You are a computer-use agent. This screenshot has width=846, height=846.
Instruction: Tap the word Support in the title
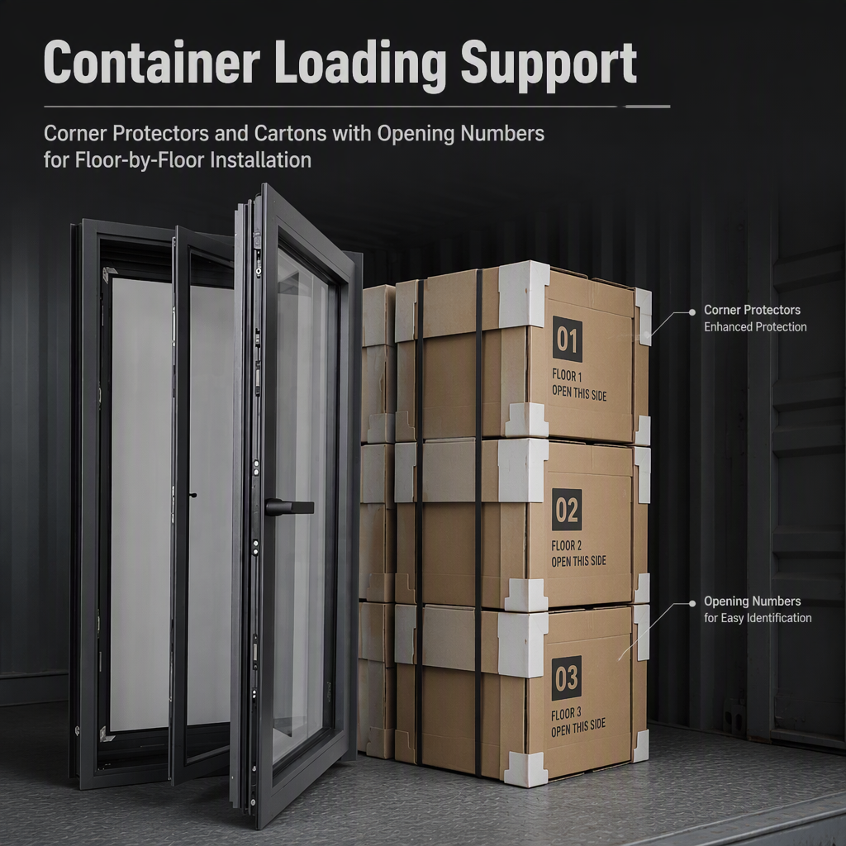pos(549,66)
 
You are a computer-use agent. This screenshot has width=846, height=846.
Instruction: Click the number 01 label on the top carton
pos(567,340)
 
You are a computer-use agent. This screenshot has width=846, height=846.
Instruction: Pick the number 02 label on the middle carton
pos(567,510)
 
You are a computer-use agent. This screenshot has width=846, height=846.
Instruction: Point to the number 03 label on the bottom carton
pos(567,678)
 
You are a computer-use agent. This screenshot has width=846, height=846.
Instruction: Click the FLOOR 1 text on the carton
pos(567,376)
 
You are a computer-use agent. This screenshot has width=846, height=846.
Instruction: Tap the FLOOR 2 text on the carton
pos(567,545)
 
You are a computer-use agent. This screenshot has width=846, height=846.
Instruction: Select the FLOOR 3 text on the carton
pos(566,714)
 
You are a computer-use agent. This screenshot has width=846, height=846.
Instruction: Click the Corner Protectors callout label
pos(752,311)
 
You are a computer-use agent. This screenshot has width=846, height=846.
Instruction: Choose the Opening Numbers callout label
pos(752,601)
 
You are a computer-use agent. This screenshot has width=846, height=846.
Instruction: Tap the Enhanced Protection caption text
pos(755,327)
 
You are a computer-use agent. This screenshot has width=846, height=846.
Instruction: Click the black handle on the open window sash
pos(289,507)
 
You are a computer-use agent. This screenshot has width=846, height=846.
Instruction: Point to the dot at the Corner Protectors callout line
pos(692,312)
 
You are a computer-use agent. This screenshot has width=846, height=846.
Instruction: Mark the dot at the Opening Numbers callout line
pos(692,604)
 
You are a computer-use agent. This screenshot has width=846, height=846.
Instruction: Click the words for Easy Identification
pos(758,618)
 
